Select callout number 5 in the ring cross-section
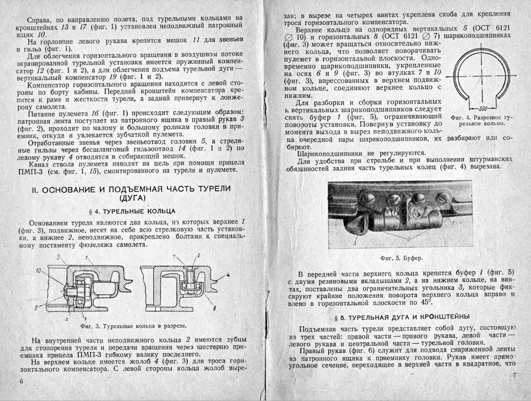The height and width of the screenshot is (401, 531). (x=59, y=258)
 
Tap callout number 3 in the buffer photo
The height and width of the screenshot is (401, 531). (x=355, y=243)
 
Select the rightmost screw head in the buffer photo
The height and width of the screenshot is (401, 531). (x=442, y=199)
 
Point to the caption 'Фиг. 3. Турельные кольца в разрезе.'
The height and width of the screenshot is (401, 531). (x=133, y=326)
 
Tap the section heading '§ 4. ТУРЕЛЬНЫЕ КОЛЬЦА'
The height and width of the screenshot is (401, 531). (x=133, y=211)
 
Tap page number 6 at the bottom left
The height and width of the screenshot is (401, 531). (x=22, y=381)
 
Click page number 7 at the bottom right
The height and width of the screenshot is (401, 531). (x=514, y=375)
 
